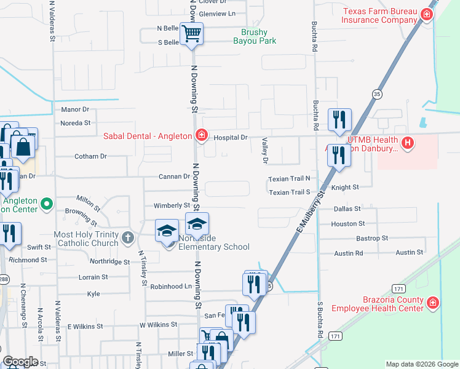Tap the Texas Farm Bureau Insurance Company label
coord(379,15)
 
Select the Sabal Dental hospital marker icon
coord(201,135)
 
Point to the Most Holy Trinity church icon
coord(127,237)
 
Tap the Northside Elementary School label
coord(214,242)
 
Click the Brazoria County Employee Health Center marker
coord(433,303)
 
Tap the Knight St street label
coord(344,187)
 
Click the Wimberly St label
coord(172,205)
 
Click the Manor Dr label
coord(75,109)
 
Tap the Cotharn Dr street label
coord(90,156)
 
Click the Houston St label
coord(347,224)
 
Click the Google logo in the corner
coord(20,362)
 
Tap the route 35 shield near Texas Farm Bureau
coord(376,93)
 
